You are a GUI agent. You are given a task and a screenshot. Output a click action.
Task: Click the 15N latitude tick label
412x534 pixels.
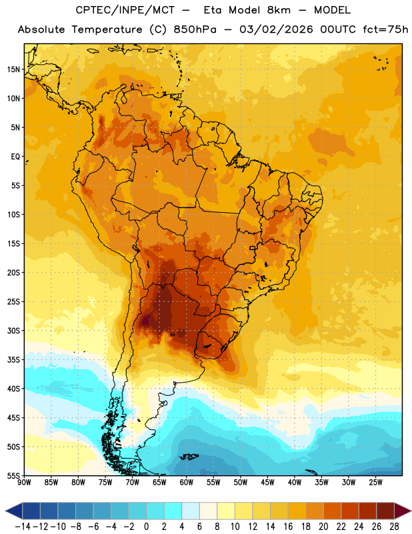pos(13,69)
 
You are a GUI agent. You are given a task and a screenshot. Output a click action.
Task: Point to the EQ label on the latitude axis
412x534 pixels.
pos(15,157)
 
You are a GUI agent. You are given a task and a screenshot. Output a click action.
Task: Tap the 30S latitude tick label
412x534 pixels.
pos(13,330)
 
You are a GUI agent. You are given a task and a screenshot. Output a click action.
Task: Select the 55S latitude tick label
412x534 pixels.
pos(13,475)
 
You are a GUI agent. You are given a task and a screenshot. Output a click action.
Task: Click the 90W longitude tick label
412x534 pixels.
pos(25,483)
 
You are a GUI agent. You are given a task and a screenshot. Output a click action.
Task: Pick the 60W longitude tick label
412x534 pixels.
pos(187,483)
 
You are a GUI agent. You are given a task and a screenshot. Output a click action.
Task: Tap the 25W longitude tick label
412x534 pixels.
pos(375,483)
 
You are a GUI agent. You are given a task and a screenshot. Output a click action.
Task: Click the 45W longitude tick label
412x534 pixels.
pos(267,483)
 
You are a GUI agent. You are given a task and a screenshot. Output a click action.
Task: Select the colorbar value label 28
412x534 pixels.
pos(394,527)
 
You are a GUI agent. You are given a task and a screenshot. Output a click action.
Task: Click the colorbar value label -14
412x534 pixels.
pos(23,527)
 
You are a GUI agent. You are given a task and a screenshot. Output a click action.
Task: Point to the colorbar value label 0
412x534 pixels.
pos(146,527)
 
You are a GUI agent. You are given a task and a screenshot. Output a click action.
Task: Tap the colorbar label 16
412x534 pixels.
pos(288,527)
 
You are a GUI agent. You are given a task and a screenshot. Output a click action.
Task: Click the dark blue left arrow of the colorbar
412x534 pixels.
pos(14,511)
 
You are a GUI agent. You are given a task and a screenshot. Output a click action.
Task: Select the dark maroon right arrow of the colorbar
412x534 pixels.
pos(403,511)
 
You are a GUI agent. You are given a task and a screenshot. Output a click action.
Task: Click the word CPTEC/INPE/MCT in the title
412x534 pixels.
pos(125,10)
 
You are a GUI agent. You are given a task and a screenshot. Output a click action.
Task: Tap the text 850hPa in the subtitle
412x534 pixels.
pos(195,29)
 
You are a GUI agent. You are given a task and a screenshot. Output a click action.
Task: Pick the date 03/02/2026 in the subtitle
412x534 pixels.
pos(276,29)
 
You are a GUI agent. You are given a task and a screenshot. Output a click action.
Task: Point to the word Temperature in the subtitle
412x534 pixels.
pos(107,29)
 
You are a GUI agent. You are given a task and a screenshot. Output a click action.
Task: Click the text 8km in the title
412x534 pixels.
pos(279,10)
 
